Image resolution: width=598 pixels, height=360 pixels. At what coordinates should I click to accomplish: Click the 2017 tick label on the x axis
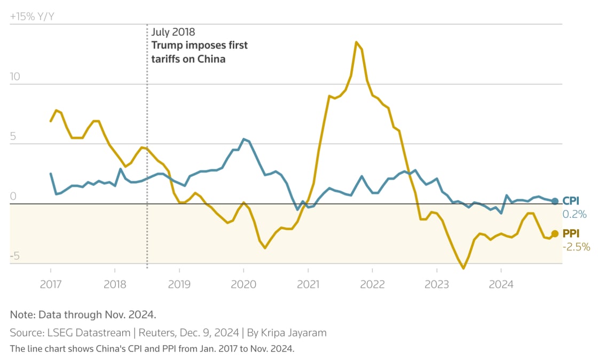(51, 285)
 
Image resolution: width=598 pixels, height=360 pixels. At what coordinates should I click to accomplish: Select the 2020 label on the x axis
(243, 285)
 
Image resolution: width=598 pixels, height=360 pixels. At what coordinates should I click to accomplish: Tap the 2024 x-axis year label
(501, 285)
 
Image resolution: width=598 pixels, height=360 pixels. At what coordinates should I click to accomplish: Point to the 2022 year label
(372, 285)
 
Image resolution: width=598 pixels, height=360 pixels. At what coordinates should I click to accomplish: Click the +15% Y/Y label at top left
(32, 17)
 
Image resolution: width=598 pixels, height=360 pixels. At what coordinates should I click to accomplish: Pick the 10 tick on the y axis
(15, 76)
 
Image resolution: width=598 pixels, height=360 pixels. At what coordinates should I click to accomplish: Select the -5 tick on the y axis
(14, 256)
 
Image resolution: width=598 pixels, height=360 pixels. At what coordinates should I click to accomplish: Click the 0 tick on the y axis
(13, 196)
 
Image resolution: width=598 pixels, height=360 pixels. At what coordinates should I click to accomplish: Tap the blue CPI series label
(571, 201)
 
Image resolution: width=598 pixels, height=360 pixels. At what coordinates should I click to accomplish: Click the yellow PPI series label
(571, 233)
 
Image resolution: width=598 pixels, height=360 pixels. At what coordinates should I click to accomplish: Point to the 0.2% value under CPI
(575, 214)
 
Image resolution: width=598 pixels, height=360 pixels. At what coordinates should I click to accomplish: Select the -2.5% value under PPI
(576, 247)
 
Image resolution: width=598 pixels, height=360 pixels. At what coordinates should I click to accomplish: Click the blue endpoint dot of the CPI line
(555, 201)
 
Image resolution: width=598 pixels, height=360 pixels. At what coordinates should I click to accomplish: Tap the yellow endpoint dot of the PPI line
(555, 233)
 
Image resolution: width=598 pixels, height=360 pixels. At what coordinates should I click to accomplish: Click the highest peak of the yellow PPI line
(356, 42)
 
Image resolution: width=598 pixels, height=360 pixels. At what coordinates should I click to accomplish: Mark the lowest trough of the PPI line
(463, 268)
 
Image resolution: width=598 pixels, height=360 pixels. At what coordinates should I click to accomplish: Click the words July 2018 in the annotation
(174, 32)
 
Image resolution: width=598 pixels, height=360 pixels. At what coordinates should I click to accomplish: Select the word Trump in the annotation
(167, 45)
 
